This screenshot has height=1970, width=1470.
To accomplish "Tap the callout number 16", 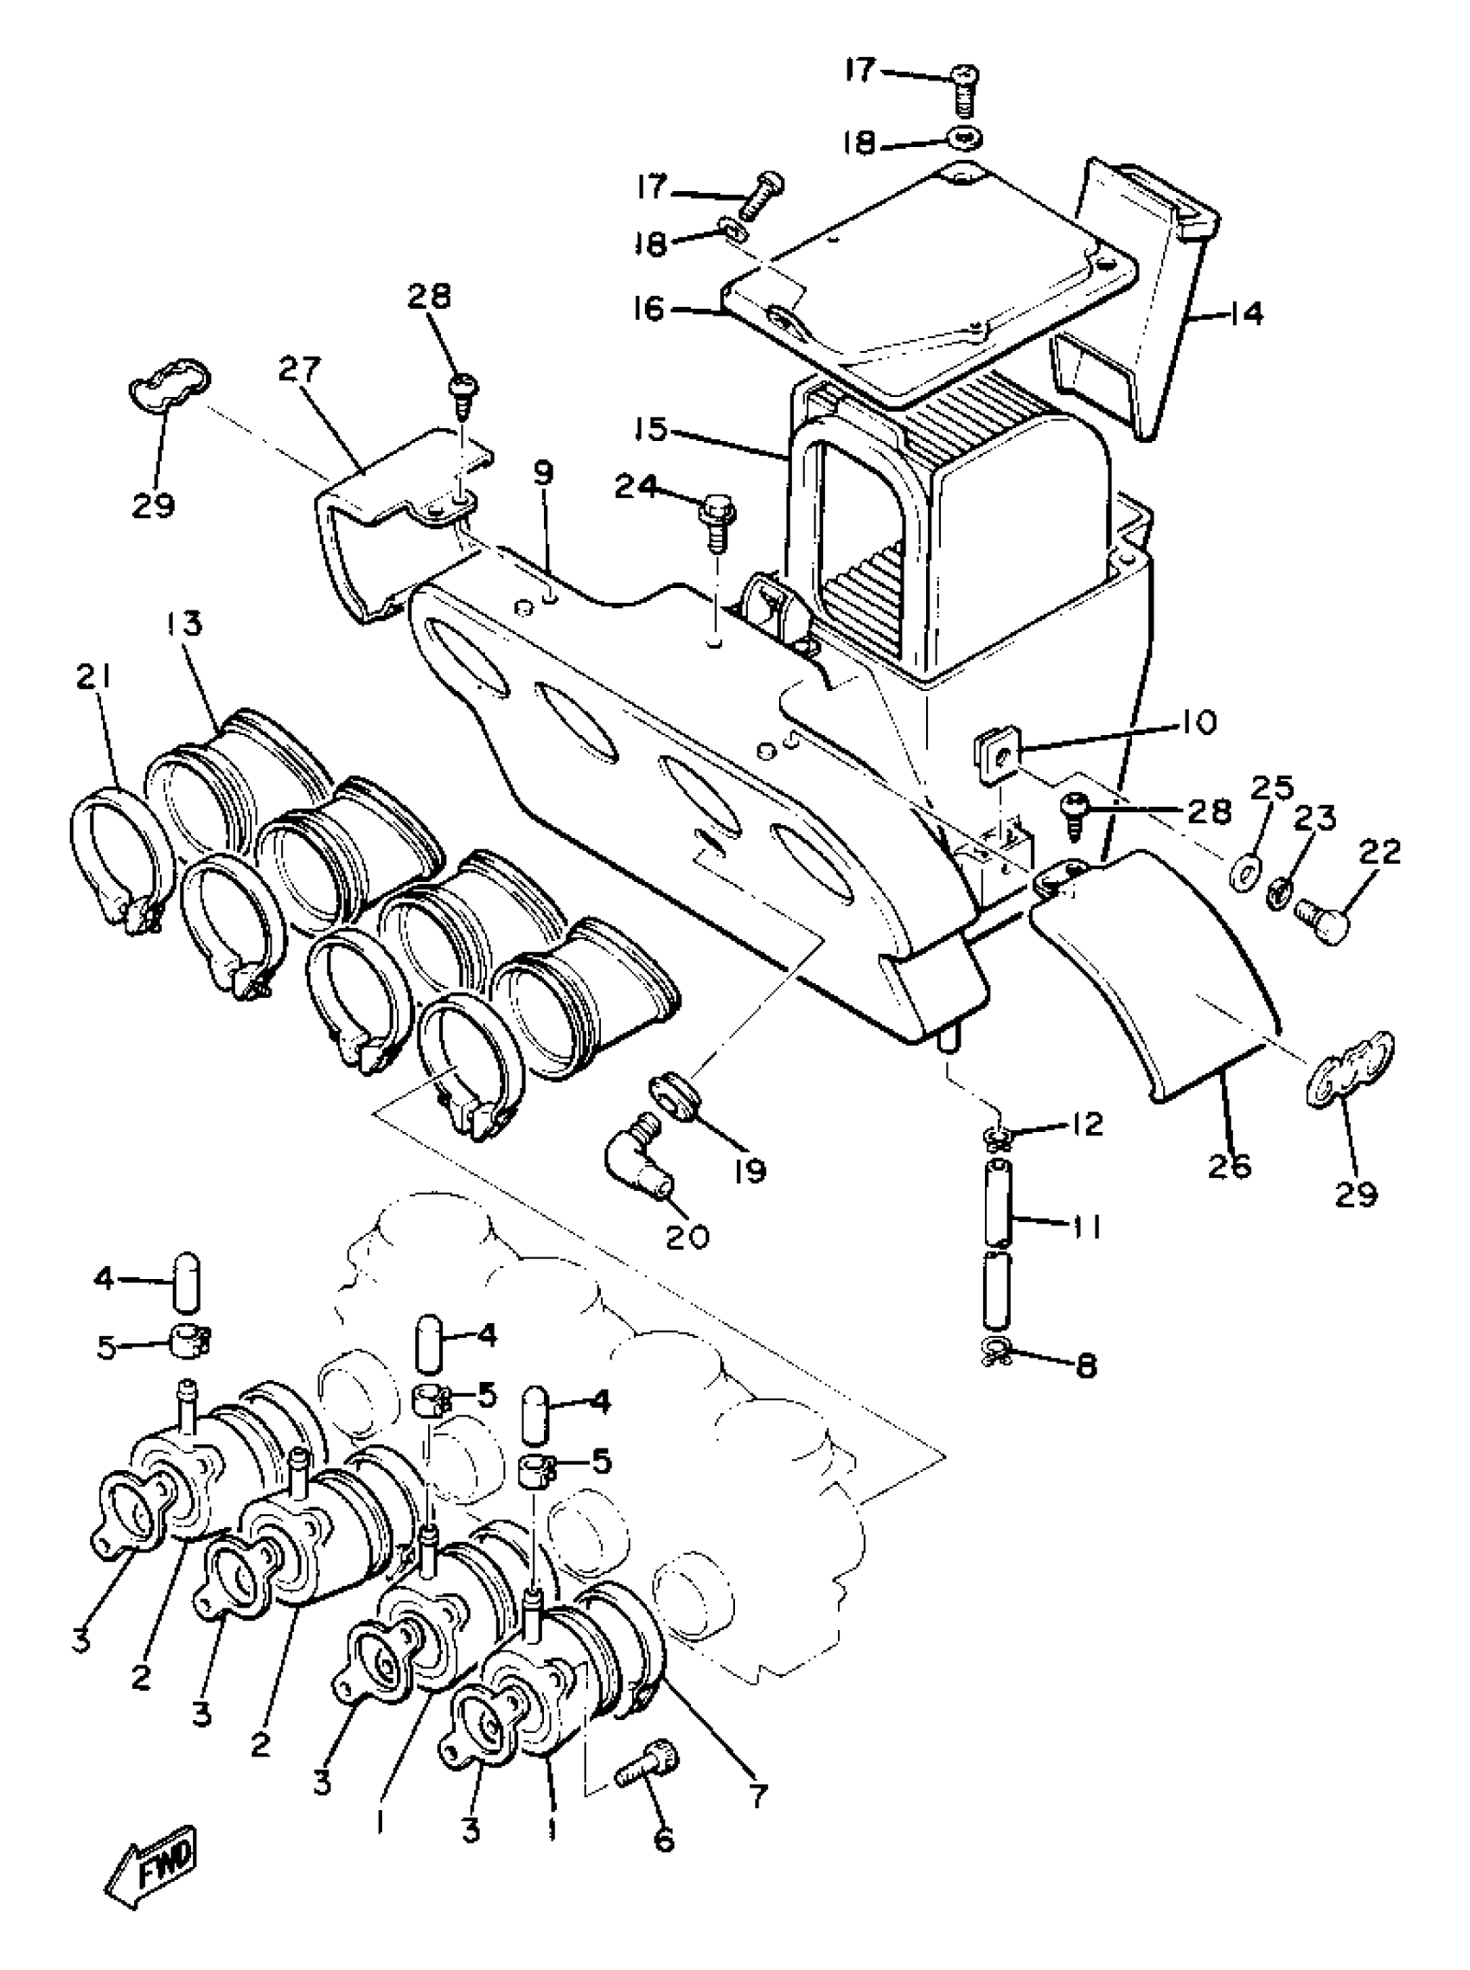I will [x=650, y=309].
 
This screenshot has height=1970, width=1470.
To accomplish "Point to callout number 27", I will [x=300, y=369].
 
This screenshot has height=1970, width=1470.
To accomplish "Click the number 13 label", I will [x=183, y=623].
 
